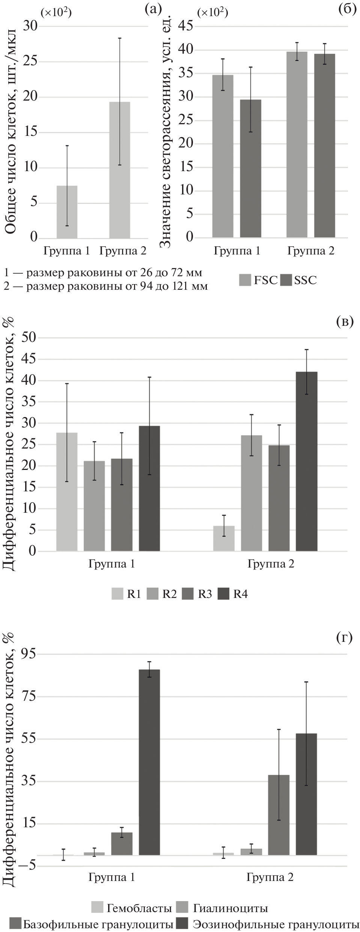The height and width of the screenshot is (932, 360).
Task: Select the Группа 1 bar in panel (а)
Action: (67, 212)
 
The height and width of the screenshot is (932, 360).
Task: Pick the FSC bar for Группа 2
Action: (297, 145)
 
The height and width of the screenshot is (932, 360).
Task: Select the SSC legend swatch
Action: (286, 280)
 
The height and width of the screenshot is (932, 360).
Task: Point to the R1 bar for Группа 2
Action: (224, 539)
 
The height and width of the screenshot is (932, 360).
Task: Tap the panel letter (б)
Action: (346, 9)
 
